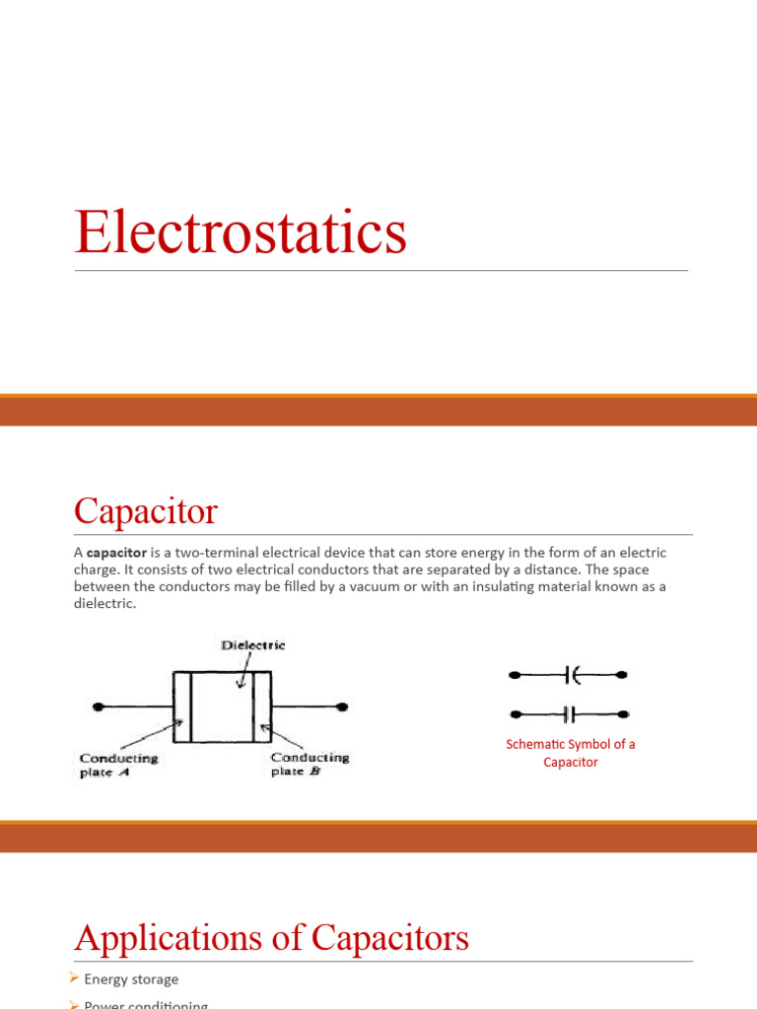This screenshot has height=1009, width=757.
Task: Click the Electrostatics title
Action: click(241, 234)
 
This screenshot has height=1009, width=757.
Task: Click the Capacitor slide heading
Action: click(146, 512)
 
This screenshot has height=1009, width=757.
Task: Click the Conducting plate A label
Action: click(119, 765)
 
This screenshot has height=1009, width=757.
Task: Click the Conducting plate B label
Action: click(310, 765)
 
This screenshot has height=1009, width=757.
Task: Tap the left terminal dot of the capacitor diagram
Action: click(97, 706)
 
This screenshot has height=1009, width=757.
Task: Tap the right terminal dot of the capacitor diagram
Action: click(341, 706)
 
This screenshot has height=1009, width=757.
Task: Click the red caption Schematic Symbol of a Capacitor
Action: click(571, 753)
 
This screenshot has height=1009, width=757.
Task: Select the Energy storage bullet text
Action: click(131, 979)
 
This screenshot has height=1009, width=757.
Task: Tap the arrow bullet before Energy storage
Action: click(75, 978)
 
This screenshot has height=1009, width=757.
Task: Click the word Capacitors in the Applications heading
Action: click(390, 938)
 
